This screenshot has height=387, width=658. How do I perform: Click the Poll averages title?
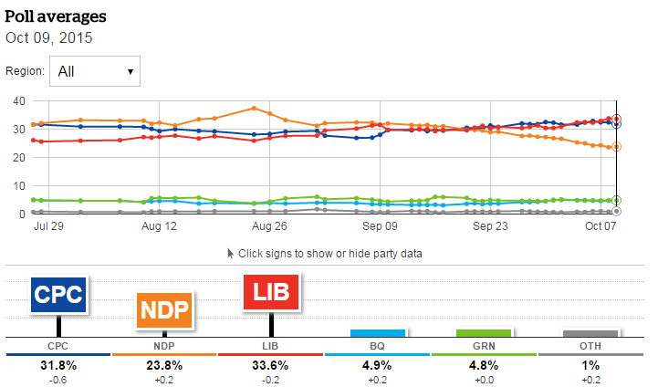(55, 16)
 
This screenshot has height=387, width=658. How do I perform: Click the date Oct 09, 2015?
(49, 37)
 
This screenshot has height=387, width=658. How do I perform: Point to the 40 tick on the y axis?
(17, 100)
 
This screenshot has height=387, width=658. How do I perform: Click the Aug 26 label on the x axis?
(268, 225)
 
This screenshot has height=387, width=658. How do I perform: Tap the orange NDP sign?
(165, 310)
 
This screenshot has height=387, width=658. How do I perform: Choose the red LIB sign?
(272, 294)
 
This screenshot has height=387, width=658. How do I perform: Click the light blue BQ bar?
(378, 333)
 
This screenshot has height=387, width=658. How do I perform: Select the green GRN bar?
(484, 333)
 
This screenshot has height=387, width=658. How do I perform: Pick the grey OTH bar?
(590, 334)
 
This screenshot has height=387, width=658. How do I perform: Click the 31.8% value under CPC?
(58, 364)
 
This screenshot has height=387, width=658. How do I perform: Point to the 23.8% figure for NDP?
(165, 364)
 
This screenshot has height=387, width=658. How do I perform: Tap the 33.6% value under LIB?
(272, 364)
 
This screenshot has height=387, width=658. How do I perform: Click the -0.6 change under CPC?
(58, 379)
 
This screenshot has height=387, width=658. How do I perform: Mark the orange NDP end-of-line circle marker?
(617, 146)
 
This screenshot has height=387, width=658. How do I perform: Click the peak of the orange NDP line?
(254, 108)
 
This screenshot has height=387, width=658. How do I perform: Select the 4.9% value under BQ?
(378, 364)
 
